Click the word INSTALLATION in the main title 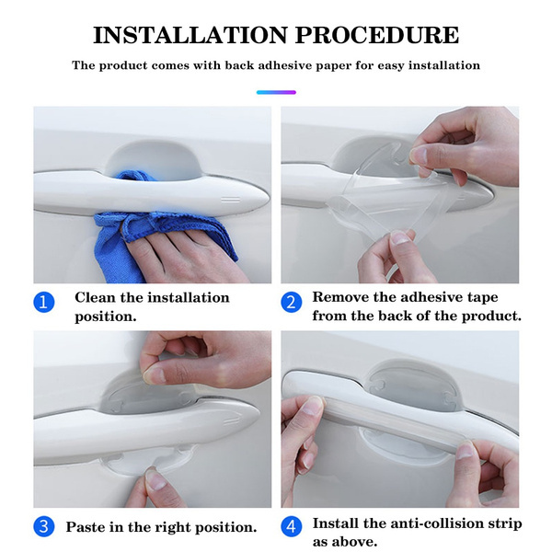[x=190, y=35]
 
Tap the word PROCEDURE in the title [x=377, y=35]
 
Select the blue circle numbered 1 [x=44, y=303]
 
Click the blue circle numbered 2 [x=291, y=303]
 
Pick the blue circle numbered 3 [x=44, y=526]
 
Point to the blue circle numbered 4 [x=291, y=526]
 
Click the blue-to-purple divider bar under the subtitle [x=276, y=92]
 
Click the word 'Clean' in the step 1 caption [x=95, y=297]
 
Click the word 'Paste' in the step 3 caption [x=86, y=527]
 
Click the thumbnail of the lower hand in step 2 [x=400, y=238]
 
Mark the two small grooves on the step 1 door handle [x=230, y=200]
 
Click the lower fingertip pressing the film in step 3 [x=155, y=479]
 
